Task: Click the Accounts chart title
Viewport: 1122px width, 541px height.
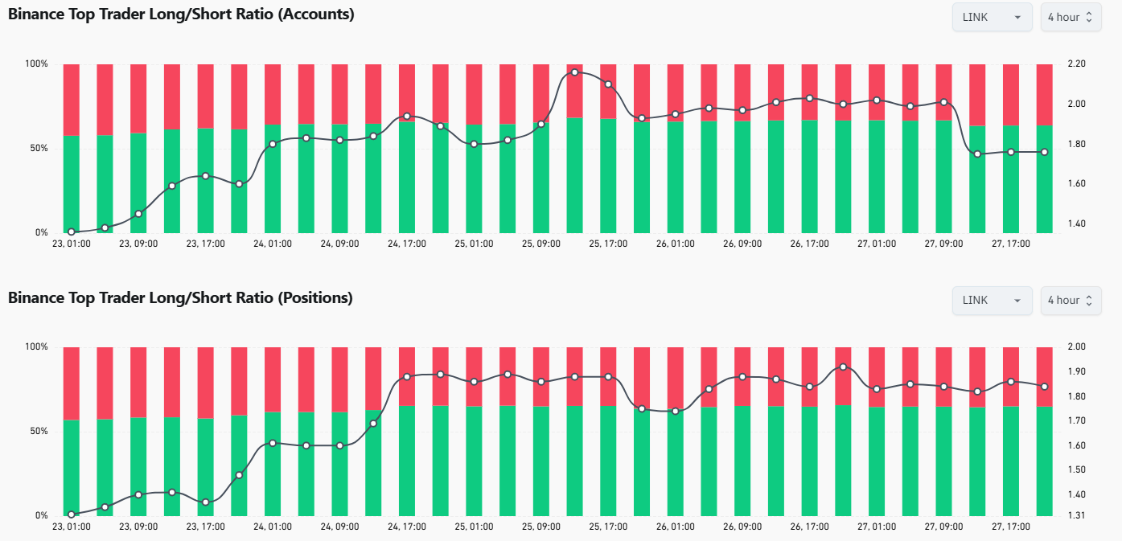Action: pyautogui.click(x=181, y=14)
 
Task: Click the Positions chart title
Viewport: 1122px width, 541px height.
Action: pyautogui.click(x=180, y=298)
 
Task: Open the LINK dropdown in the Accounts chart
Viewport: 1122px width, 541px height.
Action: pyautogui.click(x=992, y=17)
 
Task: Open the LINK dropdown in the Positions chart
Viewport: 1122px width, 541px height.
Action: pyautogui.click(x=992, y=300)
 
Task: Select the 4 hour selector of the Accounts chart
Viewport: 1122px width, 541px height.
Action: pyautogui.click(x=1070, y=17)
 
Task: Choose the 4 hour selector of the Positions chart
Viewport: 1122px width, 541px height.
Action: pyautogui.click(x=1070, y=300)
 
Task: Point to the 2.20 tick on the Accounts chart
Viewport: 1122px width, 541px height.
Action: pyautogui.click(x=1076, y=64)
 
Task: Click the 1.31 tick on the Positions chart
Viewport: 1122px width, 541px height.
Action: pyautogui.click(x=1076, y=515)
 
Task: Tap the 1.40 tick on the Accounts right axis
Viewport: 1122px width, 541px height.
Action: pyautogui.click(x=1076, y=223)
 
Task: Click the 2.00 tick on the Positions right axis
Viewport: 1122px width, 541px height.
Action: pyautogui.click(x=1076, y=346)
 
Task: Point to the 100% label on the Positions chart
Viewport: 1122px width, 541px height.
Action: pyautogui.click(x=37, y=346)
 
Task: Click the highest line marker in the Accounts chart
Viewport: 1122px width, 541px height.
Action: pyautogui.click(x=575, y=72)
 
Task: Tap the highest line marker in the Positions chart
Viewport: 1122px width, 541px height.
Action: pyautogui.click(x=843, y=367)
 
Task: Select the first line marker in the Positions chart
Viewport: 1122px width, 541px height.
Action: pyautogui.click(x=72, y=514)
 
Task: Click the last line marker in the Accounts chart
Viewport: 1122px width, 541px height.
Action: pyautogui.click(x=1044, y=152)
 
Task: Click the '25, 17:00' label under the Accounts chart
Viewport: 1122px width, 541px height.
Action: pyautogui.click(x=608, y=244)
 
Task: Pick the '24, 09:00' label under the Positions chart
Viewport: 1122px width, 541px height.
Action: pyautogui.click(x=339, y=527)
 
